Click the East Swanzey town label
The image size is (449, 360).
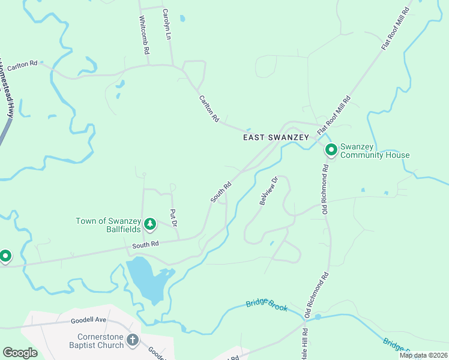click(276, 137)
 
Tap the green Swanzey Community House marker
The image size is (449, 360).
click(331, 149)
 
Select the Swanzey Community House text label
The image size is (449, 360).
click(375, 151)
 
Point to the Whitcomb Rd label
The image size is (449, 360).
click(144, 35)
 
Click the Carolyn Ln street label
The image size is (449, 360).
click(167, 25)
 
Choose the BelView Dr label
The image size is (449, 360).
click(268, 191)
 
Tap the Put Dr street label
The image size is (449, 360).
click(173, 218)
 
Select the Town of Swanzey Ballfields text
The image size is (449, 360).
click(108, 225)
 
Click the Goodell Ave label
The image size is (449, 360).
click(88, 320)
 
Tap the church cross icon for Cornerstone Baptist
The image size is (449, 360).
click(133, 341)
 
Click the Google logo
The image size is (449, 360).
click(20, 353)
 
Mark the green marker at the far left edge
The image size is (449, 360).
click(5, 256)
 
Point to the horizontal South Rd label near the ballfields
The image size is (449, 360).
click(145, 244)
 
